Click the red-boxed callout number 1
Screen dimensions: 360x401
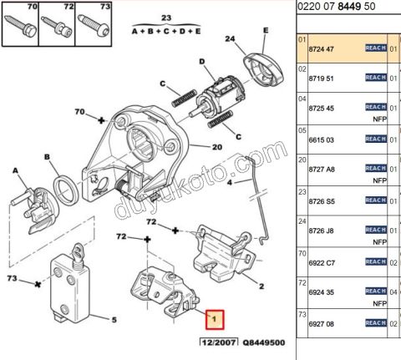pyautogui.click(x=215, y=318)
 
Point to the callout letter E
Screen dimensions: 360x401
pyautogui.click(x=265, y=30)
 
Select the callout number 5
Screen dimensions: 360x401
pyautogui.click(x=114, y=318)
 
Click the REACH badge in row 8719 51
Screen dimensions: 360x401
pyautogui.click(x=377, y=78)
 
